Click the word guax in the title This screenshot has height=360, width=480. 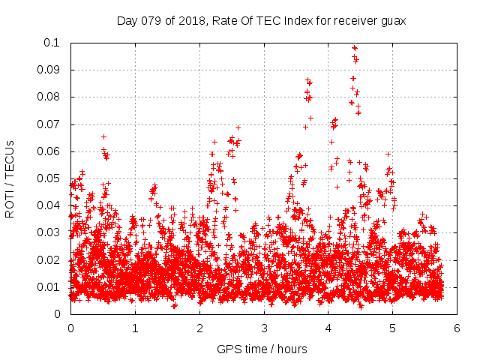392,21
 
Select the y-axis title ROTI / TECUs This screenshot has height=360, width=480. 10,178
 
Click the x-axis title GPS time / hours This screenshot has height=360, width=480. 262,349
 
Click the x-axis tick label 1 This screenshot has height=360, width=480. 135,328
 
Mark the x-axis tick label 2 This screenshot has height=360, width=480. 199,328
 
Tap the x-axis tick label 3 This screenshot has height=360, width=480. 264,328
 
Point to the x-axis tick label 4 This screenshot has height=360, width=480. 328,328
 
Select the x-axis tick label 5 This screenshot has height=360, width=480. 393,328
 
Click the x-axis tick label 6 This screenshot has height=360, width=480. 457,328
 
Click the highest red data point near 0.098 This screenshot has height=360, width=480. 354,48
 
